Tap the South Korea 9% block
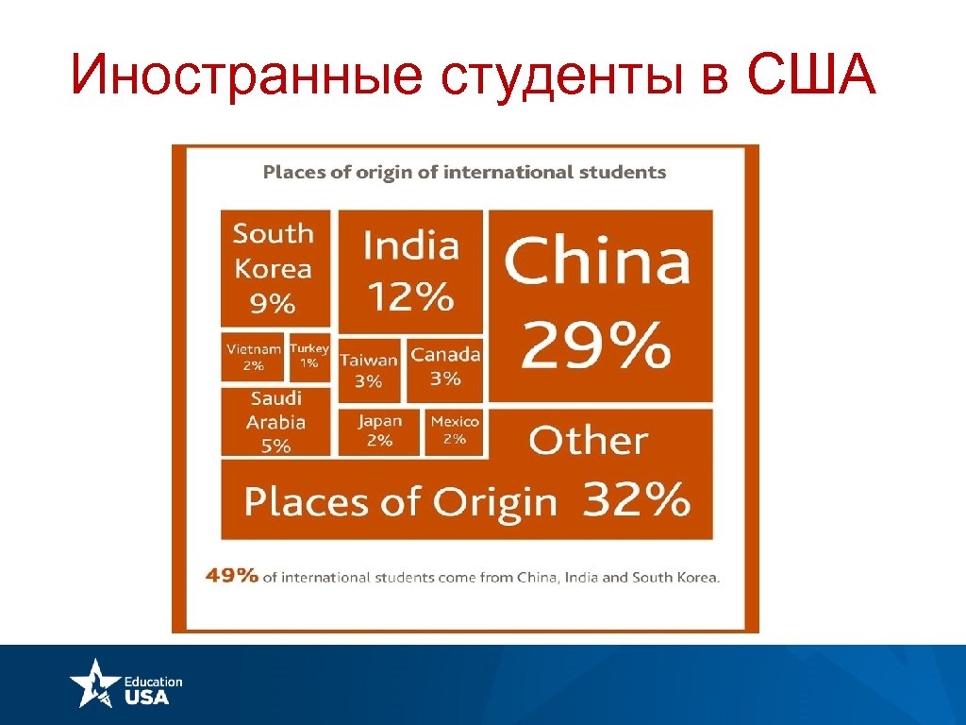coord(275,268)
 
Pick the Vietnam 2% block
coord(253,357)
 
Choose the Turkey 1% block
coord(309,357)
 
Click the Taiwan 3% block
coord(369,370)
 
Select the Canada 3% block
coord(445,367)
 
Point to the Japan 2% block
coord(379,430)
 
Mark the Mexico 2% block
coord(455,430)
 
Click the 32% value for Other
coord(636,499)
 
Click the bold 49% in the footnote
coord(232,576)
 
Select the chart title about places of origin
coord(464,172)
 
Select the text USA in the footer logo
coord(146,697)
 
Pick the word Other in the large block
coord(589,441)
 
